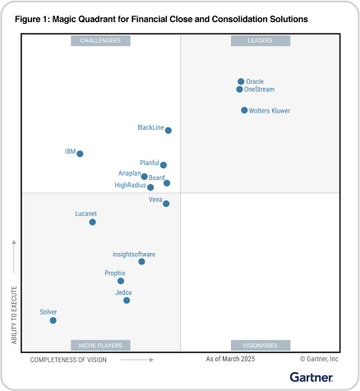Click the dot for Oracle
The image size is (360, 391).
[x=241, y=81]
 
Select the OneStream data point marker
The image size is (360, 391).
[x=239, y=90]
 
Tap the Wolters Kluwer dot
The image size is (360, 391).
[x=244, y=110]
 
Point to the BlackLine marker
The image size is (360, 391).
[x=168, y=130]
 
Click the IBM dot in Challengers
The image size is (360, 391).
[x=80, y=154]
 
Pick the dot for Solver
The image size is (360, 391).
[x=53, y=320]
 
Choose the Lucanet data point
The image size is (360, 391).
[x=92, y=222]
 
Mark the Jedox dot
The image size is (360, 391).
[x=126, y=301]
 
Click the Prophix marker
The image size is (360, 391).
[x=121, y=281]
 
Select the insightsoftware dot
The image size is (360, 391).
[x=141, y=261]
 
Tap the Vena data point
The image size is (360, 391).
[x=166, y=204]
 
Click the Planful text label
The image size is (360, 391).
[x=149, y=163]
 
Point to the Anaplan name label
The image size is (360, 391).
[x=129, y=174]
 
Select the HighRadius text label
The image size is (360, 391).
[x=130, y=186]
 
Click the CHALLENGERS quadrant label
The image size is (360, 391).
[x=100, y=39]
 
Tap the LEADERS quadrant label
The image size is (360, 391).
[x=260, y=39]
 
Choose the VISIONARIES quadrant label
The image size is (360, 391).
[x=260, y=345]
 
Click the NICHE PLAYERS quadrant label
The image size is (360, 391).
[x=100, y=345]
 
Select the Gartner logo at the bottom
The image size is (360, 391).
[x=312, y=377]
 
